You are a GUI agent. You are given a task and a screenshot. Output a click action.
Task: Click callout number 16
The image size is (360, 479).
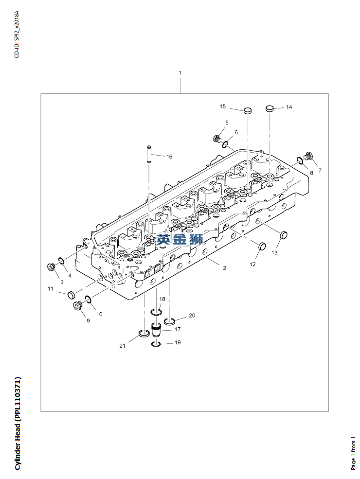coord(169,157)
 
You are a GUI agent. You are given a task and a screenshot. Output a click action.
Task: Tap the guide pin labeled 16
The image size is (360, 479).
coord(149,154)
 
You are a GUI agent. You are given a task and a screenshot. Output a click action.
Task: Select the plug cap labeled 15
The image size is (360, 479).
coord(247,110)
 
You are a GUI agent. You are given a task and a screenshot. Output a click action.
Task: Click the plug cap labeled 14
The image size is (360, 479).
coord(270,108)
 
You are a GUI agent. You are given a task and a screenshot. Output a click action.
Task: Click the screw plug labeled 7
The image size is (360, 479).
coord(308,156)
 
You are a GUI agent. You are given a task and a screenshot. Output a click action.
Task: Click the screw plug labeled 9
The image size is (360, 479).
coord(78,305)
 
